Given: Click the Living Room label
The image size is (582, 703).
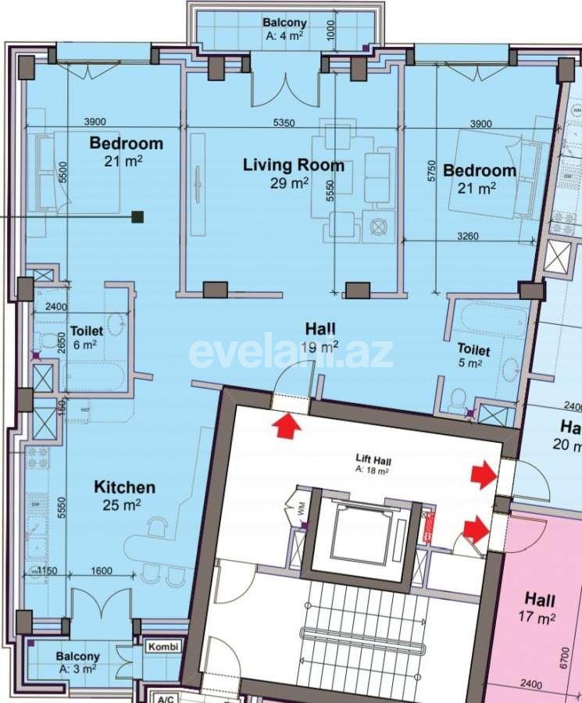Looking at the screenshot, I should coord(293,165).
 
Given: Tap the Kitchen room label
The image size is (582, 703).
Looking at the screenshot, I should coord(125,487).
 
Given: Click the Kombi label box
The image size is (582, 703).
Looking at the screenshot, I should coord(163,648).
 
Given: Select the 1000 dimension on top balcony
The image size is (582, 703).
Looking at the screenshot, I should coord(331,30).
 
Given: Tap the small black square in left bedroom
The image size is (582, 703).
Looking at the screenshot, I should coord(137,217).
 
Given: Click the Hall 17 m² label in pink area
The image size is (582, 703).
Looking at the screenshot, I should coord(540,608).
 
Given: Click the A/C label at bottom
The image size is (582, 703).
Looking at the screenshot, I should coord(163,698).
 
